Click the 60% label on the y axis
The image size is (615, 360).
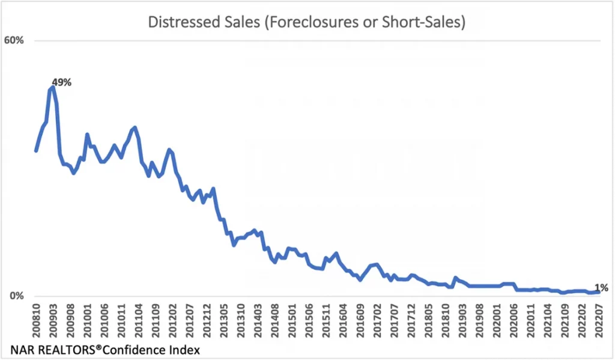(x=14, y=40)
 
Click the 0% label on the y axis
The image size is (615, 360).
(x=17, y=296)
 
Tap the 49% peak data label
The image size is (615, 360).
(x=62, y=82)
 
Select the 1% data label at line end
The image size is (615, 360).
(x=601, y=288)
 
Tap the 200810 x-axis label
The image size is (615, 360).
(x=37, y=321)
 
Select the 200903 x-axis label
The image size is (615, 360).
(x=53, y=321)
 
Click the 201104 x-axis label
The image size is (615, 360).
(x=139, y=321)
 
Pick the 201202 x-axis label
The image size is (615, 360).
(x=173, y=321)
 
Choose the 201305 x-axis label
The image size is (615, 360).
(x=224, y=321)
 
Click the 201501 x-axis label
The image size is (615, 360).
(x=292, y=321)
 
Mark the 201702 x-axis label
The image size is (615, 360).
(x=377, y=321)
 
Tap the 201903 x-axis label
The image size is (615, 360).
(x=463, y=321)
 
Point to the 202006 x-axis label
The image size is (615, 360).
(x=514, y=321)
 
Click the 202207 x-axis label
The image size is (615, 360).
(x=599, y=321)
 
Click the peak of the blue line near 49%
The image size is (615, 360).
(x=52, y=87)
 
